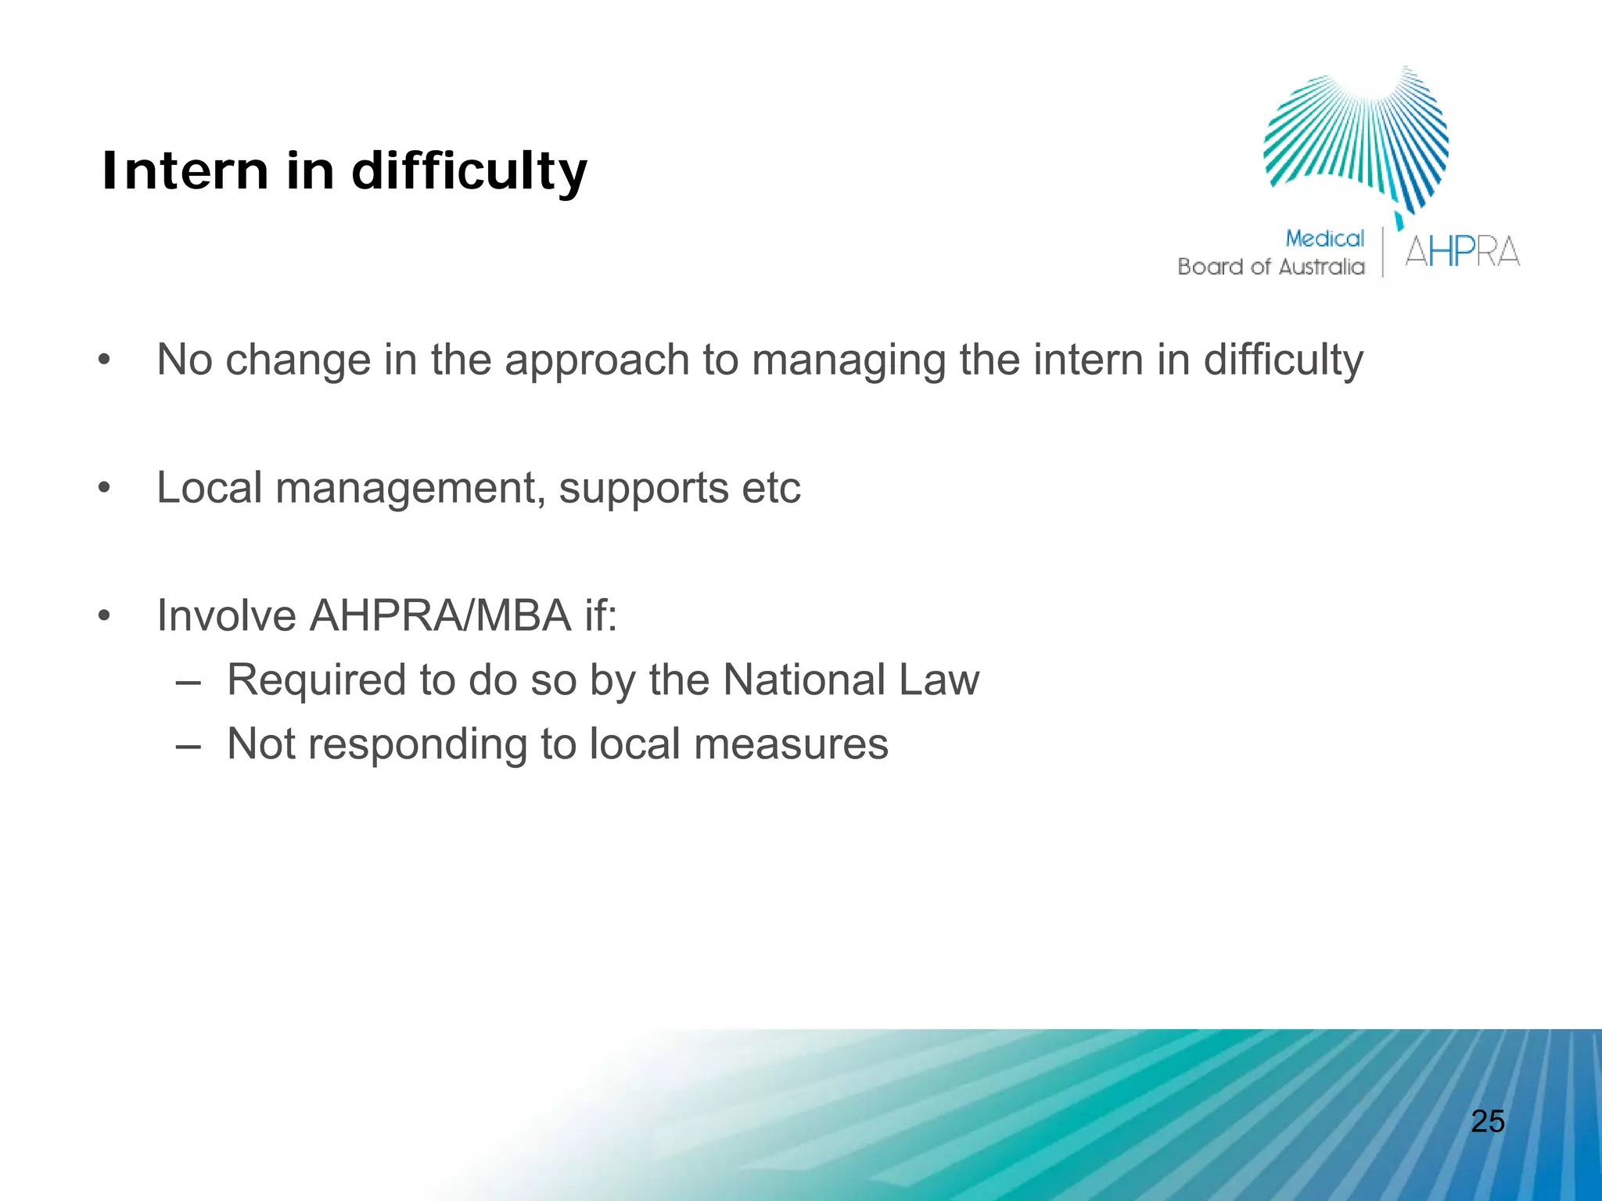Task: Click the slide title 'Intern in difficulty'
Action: click(344, 171)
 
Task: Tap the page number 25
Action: click(1488, 1121)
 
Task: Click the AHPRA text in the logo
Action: click(1462, 252)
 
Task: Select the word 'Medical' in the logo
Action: click(1324, 238)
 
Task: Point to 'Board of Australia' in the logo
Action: click(1271, 267)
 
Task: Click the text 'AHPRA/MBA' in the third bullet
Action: click(440, 615)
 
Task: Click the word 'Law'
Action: click(939, 679)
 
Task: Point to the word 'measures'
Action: click(791, 744)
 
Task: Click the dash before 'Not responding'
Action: click(188, 744)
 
